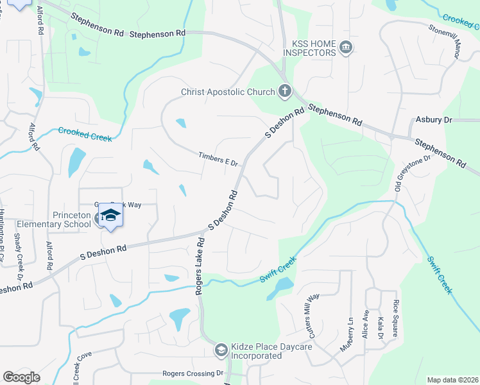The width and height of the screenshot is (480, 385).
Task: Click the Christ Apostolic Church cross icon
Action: pos(285,92)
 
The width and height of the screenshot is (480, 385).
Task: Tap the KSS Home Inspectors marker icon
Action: pos(346,48)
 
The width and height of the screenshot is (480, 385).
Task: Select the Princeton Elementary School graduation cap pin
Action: pos(110,216)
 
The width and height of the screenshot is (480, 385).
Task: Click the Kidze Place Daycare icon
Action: pos(221,350)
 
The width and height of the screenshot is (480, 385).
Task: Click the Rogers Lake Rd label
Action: pos(200,266)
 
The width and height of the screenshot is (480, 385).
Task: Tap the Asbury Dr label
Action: pos(434,119)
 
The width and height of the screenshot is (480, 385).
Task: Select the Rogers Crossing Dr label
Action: pos(193,373)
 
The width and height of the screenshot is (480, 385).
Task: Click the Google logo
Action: pos(21,377)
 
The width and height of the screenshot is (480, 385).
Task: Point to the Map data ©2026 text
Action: pos(452,380)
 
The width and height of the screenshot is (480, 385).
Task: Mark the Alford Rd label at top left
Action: pos(40,19)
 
